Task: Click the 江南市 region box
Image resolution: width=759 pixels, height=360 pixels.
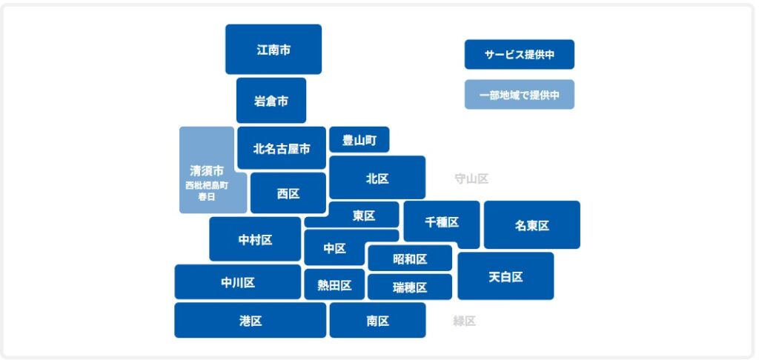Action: coord(274,50)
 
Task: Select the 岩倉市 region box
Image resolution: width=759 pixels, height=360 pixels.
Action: coord(271,101)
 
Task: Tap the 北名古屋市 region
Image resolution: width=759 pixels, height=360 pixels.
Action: coord(282,148)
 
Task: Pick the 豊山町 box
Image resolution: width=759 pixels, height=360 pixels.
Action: coord(359,140)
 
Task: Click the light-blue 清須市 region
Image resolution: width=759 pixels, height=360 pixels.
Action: coord(207,170)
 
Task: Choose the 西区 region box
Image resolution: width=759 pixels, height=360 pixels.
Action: coord(288,193)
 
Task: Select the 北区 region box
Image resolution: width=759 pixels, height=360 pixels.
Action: coord(377,178)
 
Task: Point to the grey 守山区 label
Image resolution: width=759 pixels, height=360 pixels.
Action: coord(471,179)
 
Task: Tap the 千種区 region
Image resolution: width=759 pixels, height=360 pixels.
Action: coord(442,222)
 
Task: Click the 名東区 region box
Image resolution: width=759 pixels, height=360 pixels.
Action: coord(532,225)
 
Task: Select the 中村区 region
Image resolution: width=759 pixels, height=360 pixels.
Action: coord(255,239)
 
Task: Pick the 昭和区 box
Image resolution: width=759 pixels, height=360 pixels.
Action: coord(410,259)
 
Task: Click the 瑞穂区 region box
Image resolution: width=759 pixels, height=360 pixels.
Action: coord(410,287)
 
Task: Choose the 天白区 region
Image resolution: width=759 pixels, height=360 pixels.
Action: coord(506,276)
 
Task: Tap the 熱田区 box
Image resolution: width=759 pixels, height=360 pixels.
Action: coord(334,285)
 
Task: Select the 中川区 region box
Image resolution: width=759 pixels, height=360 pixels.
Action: coord(238,282)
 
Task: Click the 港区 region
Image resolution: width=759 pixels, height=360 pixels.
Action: coord(251,321)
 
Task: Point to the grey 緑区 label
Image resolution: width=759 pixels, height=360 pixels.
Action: coord(465,321)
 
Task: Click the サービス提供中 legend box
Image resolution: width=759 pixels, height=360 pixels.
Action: coord(520,55)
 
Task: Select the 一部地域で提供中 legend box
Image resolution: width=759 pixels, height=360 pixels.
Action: coord(520,95)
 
